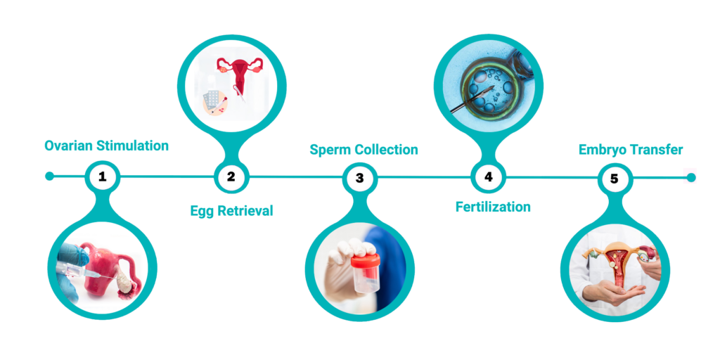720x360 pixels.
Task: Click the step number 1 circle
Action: pyautogui.click(x=103, y=176)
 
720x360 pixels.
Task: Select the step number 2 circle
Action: pyautogui.click(x=231, y=176)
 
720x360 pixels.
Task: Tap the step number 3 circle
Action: pyautogui.click(x=359, y=178)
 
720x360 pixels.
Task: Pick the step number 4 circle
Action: pyautogui.click(x=488, y=176)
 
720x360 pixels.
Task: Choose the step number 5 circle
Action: pyautogui.click(x=615, y=179)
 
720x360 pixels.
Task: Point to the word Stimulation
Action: pyautogui.click(x=133, y=146)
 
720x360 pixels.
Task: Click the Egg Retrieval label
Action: pyautogui.click(x=231, y=211)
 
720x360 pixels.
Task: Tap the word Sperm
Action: pyautogui.click(x=328, y=150)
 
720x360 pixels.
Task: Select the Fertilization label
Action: pyautogui.click(x=493, y=207)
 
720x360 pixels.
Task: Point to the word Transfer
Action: pyautogui.click(x=654, y=150)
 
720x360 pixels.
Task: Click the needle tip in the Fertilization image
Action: pyautogui.click(x=493, y=87)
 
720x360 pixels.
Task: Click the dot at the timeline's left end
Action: pyautogui.click(x=50, y=176)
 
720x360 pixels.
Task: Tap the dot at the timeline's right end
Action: pyautogui.click(x=691, y=177)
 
